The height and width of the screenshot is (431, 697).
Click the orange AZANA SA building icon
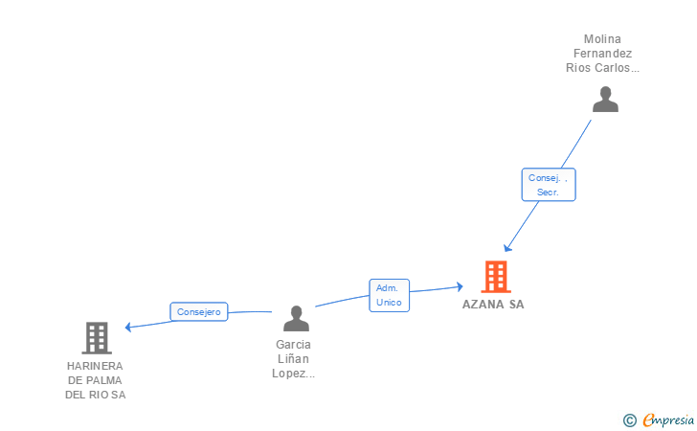point(495,277)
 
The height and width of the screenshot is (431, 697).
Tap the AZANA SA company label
point(493,305)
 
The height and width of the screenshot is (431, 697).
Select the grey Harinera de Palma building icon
point(97,338)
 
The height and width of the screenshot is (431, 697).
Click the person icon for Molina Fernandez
point(605,100)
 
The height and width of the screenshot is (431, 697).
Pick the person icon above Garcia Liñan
point(296,318)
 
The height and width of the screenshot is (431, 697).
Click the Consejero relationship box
point(199,311)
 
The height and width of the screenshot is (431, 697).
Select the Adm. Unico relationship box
point(389,295)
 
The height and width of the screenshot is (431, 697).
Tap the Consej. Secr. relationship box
point(548,185)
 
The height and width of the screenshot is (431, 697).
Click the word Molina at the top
point(602,39)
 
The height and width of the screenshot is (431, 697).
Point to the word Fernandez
point(602,54)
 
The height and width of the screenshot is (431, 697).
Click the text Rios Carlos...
point(602,68)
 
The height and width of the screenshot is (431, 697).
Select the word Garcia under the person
point(293,345)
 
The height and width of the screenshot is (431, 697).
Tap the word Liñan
point(293,359)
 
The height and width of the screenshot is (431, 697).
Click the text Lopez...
point(293,374)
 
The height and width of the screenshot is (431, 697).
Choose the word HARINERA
point(95,366)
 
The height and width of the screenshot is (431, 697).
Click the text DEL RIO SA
point(95,395)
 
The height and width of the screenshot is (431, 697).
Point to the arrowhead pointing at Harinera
point(128,327)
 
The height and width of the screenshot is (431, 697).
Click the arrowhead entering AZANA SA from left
point(460,286)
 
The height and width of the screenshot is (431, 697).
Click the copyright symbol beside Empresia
point(629,420)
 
